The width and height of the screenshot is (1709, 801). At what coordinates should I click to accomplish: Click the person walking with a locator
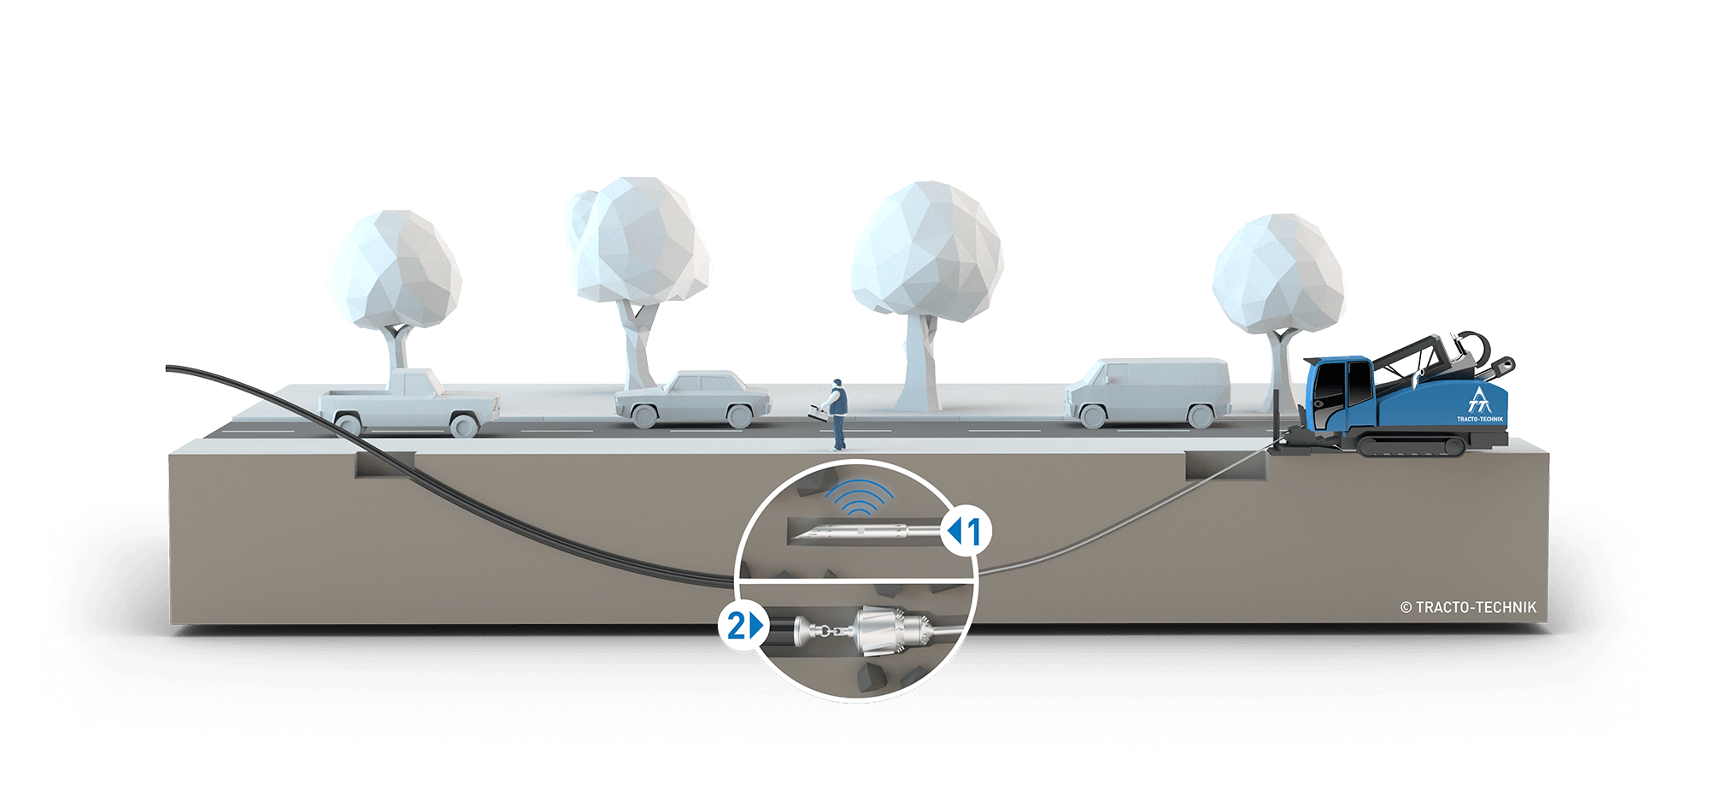tap(838, 414)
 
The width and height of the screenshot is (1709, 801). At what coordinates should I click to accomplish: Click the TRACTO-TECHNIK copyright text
tap(1468, 608)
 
